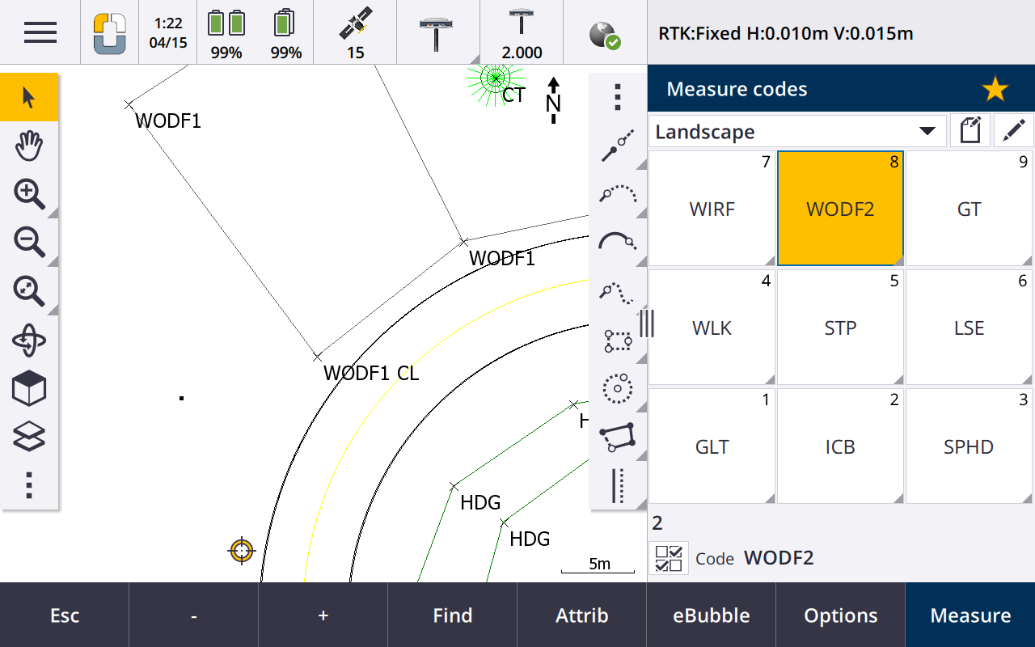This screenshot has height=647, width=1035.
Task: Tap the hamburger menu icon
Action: point(40,32)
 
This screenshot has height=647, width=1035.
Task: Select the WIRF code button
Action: point(712,209)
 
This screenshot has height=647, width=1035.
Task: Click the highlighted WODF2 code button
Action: point(840,209)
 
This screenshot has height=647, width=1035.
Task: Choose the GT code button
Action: point(969,209)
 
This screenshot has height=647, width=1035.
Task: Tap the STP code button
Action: point(840,328)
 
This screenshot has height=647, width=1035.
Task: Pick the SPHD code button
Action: point(969,446)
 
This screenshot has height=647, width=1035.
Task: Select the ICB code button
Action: point(840,446)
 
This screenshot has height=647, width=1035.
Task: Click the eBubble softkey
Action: point(711,615)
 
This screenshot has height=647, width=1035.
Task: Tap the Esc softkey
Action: point(64,615)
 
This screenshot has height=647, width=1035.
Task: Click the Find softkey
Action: point(452,615)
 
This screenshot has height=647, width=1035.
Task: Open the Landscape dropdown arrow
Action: point(927,131)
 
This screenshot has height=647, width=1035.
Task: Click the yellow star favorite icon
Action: point(995,89)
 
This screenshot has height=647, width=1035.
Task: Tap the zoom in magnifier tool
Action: point(29,194)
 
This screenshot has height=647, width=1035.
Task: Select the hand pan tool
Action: point(29,146)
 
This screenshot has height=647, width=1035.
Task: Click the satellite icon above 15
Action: point(355,23)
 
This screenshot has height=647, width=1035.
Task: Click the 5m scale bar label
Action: point(599,564)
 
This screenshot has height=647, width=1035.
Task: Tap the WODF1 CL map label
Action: point(371,373)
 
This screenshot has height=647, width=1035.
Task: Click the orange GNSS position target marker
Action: point(241,551)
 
